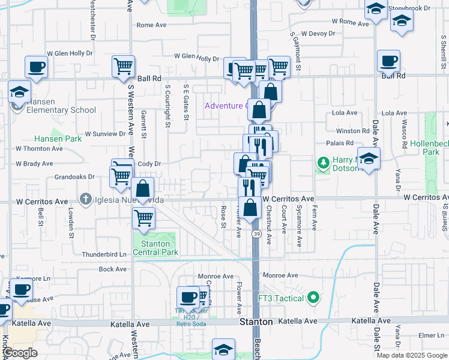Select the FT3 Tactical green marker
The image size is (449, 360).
[x=312, y=297]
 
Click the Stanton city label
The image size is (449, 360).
[x=256, y=322]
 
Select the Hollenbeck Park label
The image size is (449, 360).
[x=430, y=148]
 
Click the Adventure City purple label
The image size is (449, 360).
[x=226, y=106]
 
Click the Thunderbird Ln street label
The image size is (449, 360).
[x=106, y=254]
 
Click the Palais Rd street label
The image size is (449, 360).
[x=340, y=143]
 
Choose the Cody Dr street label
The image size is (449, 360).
[x=149, y=164]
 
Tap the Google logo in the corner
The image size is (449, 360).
[x=20, y=353]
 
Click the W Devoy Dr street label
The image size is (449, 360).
[x=319, y=34]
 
